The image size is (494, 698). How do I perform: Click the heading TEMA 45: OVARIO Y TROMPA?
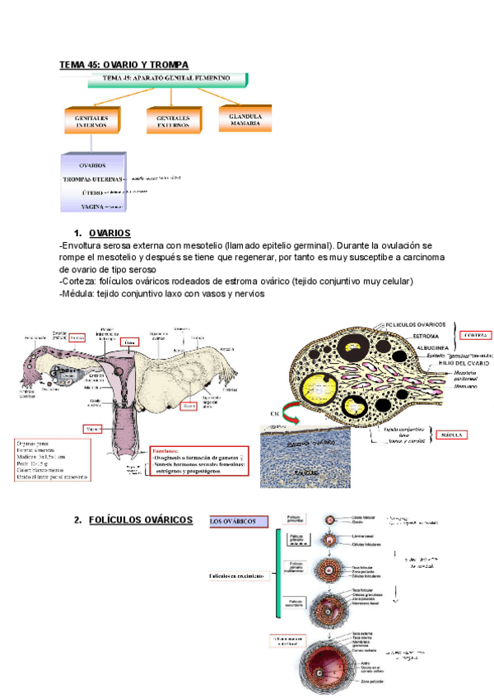[x=123, y=64]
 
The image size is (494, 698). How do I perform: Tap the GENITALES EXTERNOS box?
[x=173, y=122]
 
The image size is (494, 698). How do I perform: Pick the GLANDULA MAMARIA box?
[x=245, y=120]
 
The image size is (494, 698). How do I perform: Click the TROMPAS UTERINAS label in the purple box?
[x=92, y=178]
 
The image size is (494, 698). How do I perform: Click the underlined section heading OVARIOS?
[x=110, y=233]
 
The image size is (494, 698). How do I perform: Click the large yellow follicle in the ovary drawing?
[x=315, y=386]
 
